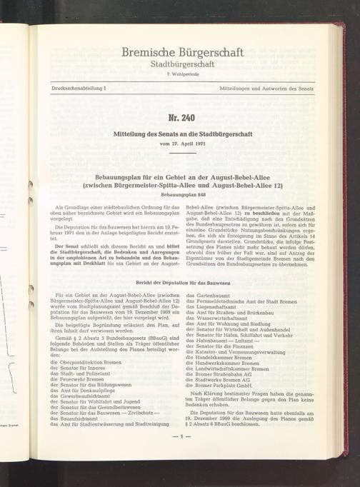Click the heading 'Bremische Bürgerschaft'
click(x=183, y=52)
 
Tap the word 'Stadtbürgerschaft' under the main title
click(x=183, y=64)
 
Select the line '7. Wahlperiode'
click(x=183, y=74)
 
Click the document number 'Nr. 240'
click(x=183, y=117)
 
